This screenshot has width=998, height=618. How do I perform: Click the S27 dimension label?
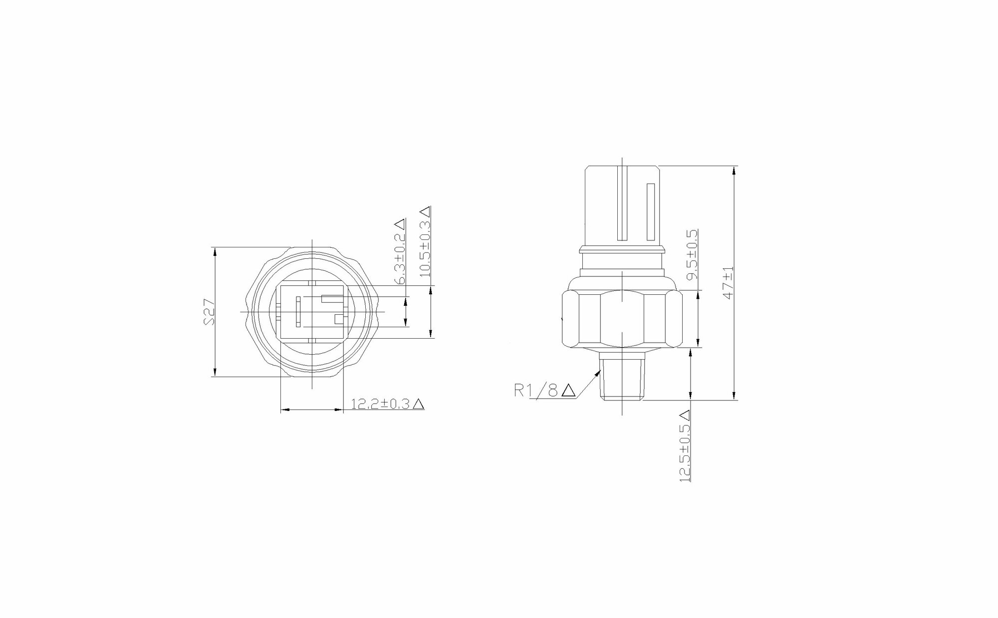(210, 312)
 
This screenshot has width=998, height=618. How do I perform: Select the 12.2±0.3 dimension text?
(381, 404)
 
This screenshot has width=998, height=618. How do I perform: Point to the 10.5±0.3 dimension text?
(425, 248)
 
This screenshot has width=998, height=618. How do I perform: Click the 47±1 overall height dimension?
(729, 282)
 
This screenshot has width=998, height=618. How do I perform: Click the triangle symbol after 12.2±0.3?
(419, 404)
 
